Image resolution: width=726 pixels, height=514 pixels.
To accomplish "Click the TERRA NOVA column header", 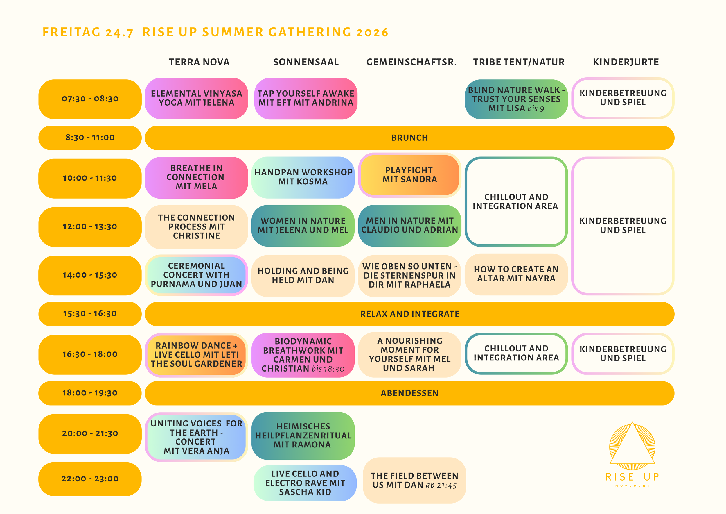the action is pyautogui.click(x=199, y=62).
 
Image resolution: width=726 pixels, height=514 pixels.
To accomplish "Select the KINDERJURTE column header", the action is pyautogui.click(x=626, y=62).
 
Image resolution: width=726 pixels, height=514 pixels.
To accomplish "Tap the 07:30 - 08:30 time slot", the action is pyautogui.click(x=90, y=99).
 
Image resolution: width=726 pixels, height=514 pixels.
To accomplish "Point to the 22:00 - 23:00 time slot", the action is pyautogui.click(x=90, y=479).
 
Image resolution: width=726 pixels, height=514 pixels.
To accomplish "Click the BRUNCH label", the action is pyautogui.click(x=409, y=138).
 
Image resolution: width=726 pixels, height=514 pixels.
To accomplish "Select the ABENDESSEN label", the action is pyautogui.click(x=409, y=393).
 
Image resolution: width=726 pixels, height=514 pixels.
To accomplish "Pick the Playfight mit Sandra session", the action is pyautogui.click(x=409, y=175).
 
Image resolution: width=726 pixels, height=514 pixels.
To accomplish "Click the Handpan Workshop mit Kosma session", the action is pyautogui.click(x=303, y=177).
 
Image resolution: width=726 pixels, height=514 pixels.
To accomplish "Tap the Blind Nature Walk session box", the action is pyautogui.click(x=516, y=99).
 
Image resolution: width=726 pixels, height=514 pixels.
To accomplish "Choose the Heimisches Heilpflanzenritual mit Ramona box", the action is pyautogui.click(x=303, y=436).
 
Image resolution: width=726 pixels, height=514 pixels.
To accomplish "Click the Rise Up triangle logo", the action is pyautogui.click(x=632, y=446).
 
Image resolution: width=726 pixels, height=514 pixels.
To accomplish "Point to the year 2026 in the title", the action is pyautogui.click(x=372, y=32).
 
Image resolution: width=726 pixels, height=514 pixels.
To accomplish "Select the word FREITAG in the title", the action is pyautogui.click(x=71, y=32).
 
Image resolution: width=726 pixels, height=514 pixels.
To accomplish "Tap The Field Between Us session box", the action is pyautogui.click(x=414, y=481).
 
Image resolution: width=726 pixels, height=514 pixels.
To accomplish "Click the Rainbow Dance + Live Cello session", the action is pyautogui.click(x=196, y=355).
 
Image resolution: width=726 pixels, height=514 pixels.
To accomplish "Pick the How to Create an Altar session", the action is pyautogui.click(x=516, y=274).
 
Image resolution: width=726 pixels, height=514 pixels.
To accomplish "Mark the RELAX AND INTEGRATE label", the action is pyautogui.click(x=409, y=314).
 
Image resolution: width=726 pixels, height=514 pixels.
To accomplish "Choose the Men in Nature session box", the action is pyautogui.click(x=409, y=225).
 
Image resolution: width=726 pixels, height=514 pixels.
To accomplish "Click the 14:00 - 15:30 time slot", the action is pyautogui.click(x=90, y=275).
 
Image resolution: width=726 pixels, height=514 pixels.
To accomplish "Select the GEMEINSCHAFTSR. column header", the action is pyautogui.click(x=411, y=62).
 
